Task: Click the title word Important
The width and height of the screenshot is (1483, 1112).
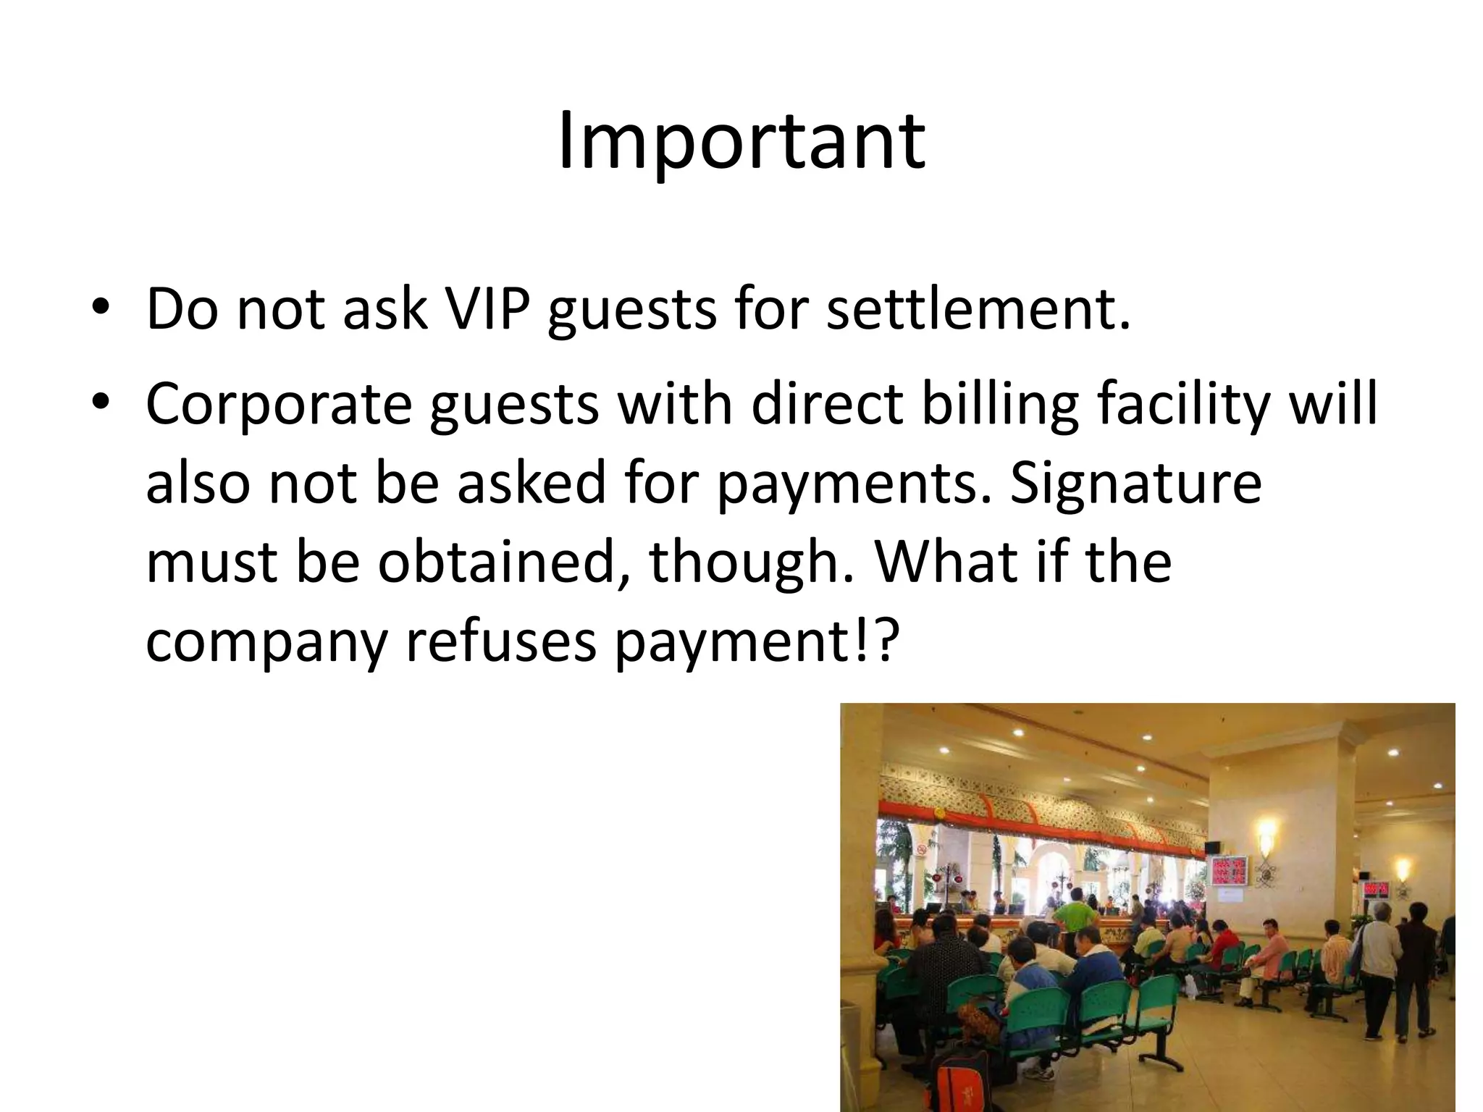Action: (741, 141)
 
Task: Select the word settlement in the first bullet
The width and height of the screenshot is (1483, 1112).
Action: (977, 310)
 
